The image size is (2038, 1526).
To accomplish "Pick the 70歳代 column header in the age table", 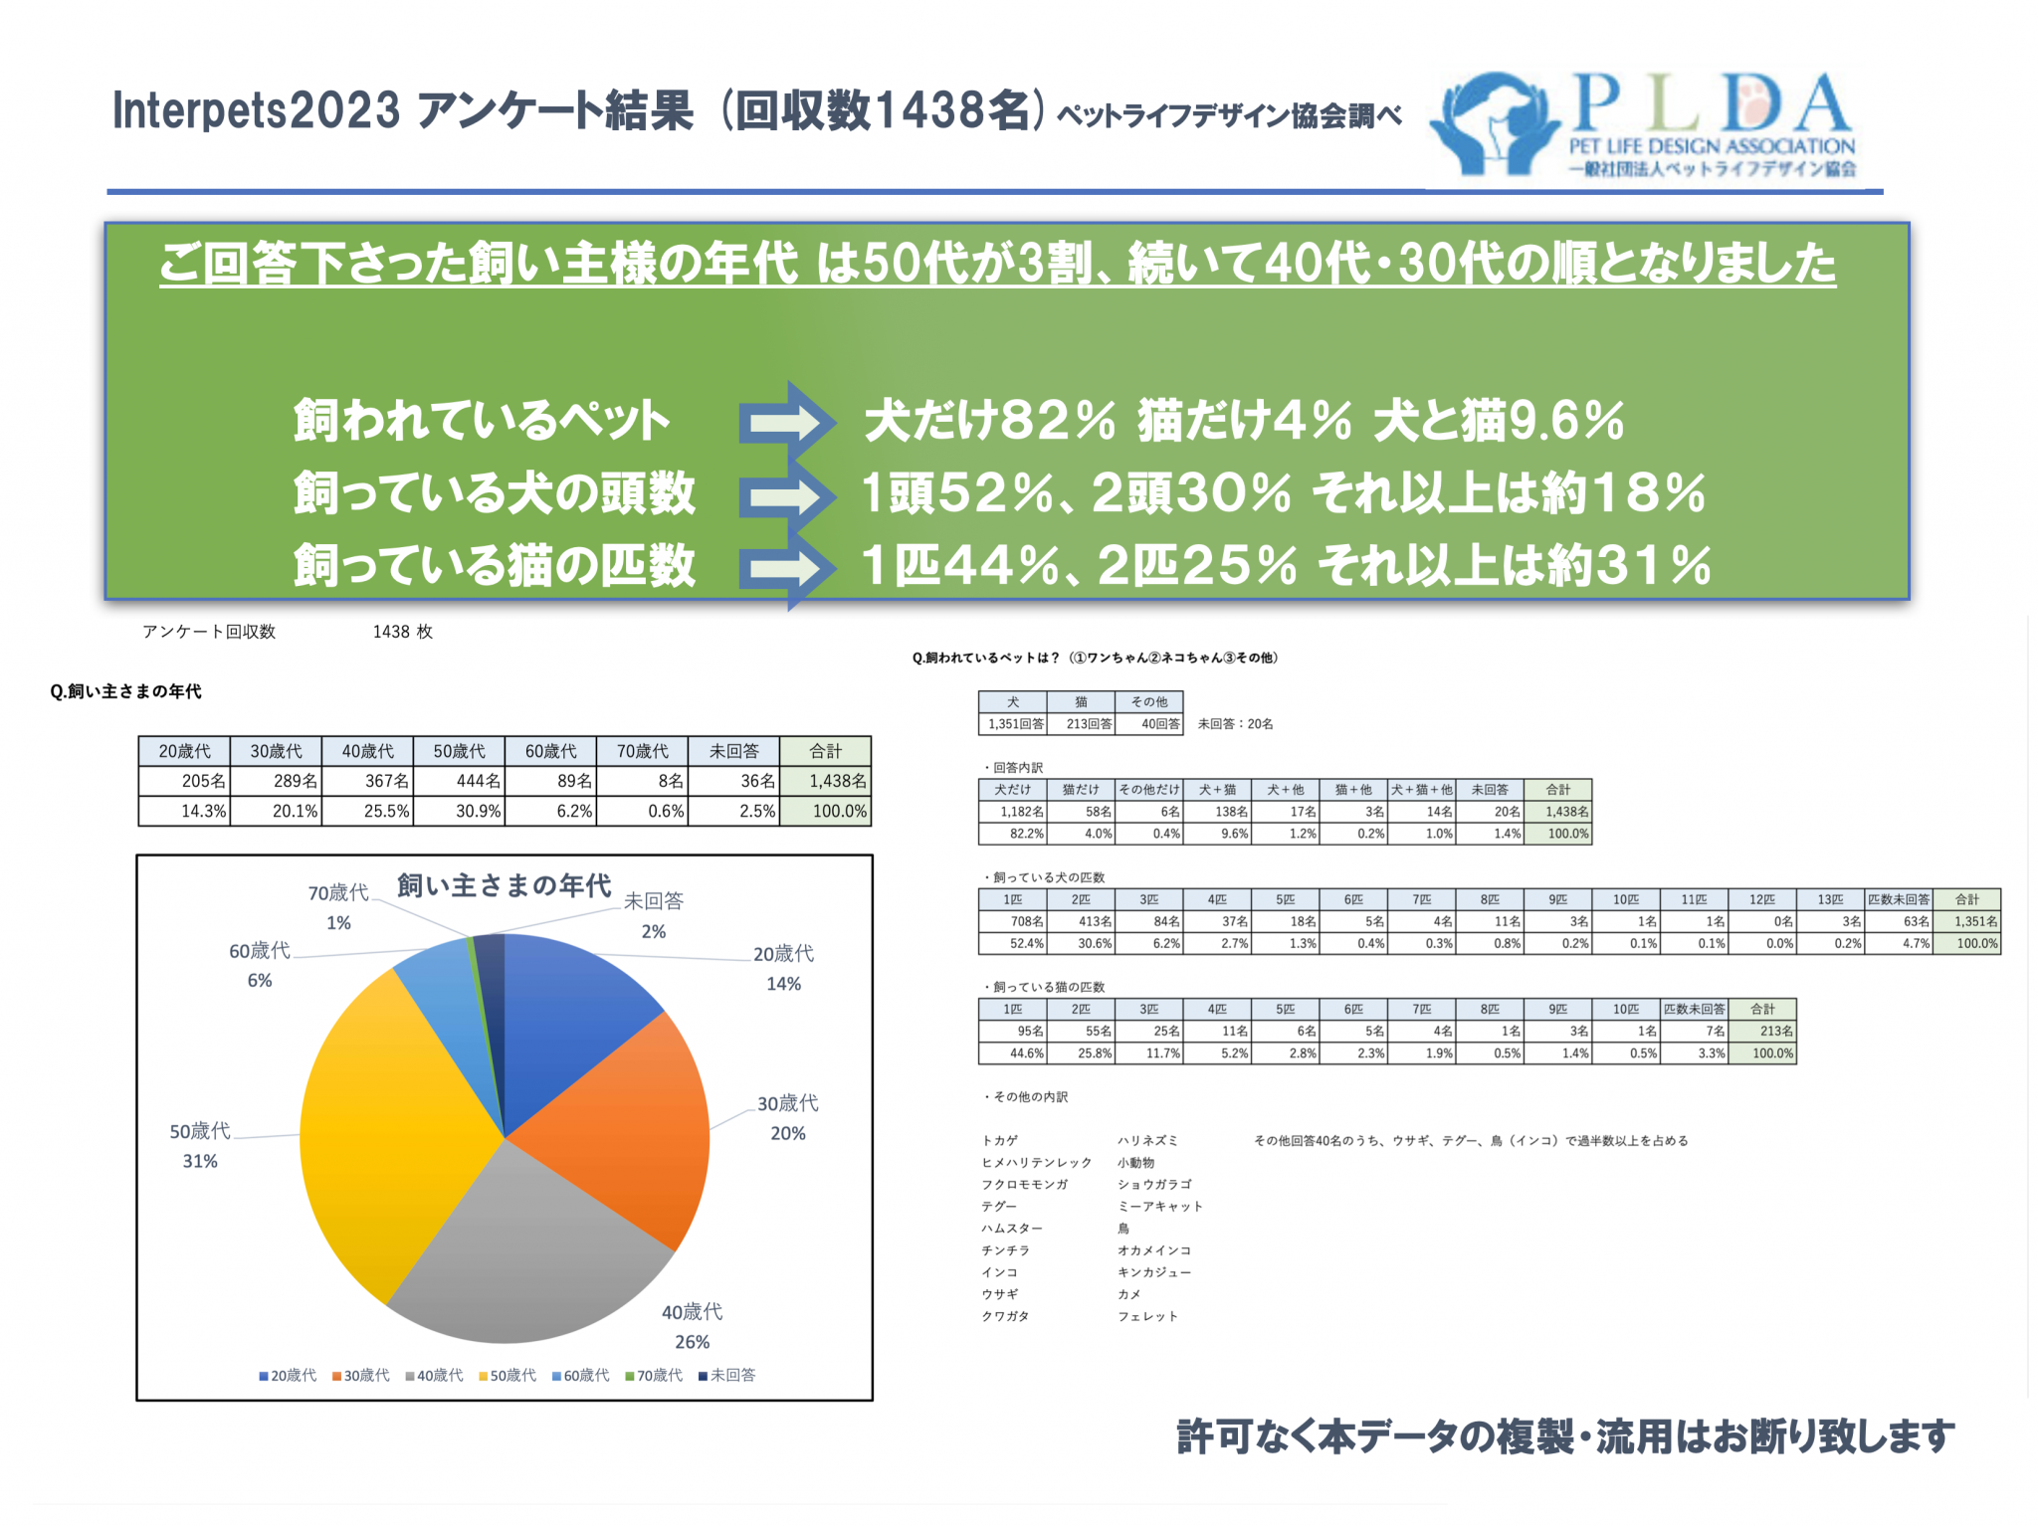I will [642, 751].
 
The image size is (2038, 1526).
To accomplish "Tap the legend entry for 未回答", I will [727, 1375].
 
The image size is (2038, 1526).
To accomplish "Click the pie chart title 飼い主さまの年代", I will [504, 884].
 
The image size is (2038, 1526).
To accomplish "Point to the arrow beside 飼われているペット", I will [786, 422].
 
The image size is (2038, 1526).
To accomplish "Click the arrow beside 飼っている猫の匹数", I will [786, 567].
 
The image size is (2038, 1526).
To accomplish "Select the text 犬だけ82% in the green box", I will [989, 420].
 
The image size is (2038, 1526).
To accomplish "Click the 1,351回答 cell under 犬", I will [1014, 723].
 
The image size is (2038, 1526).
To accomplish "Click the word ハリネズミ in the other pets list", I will [1146, 1140].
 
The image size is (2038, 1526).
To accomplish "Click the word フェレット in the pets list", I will [1146, 1316].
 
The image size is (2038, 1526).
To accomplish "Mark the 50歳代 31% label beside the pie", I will [199, 1145].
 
